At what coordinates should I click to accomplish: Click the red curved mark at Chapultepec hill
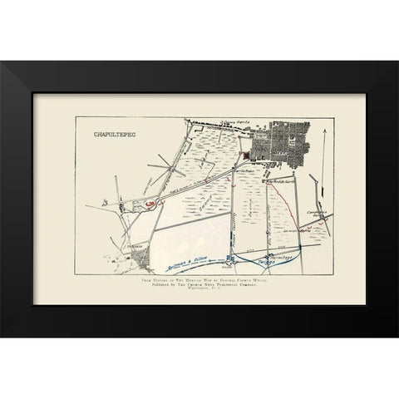click(x=147, y=203)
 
